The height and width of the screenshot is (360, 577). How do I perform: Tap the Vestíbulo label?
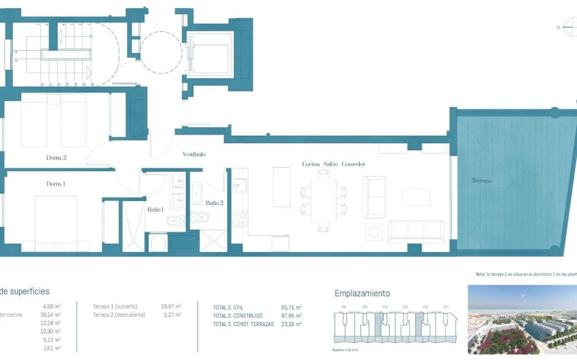point(193,154)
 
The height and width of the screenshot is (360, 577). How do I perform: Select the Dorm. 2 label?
point(56,158)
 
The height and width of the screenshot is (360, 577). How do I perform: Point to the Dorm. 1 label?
point(56,184)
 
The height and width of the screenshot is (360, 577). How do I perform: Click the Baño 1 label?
point(155,209)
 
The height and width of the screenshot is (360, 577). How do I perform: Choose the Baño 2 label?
point(214,202)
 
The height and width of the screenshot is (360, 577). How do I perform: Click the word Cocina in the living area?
point(311,164)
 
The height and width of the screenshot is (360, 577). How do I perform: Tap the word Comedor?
point(354,164)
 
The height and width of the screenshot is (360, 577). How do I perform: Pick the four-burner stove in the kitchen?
point(240,218)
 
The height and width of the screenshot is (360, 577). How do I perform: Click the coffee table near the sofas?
point(415,197)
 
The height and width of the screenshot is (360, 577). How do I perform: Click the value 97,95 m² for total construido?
point(291,316)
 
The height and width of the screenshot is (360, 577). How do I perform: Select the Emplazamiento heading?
point(362,293)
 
